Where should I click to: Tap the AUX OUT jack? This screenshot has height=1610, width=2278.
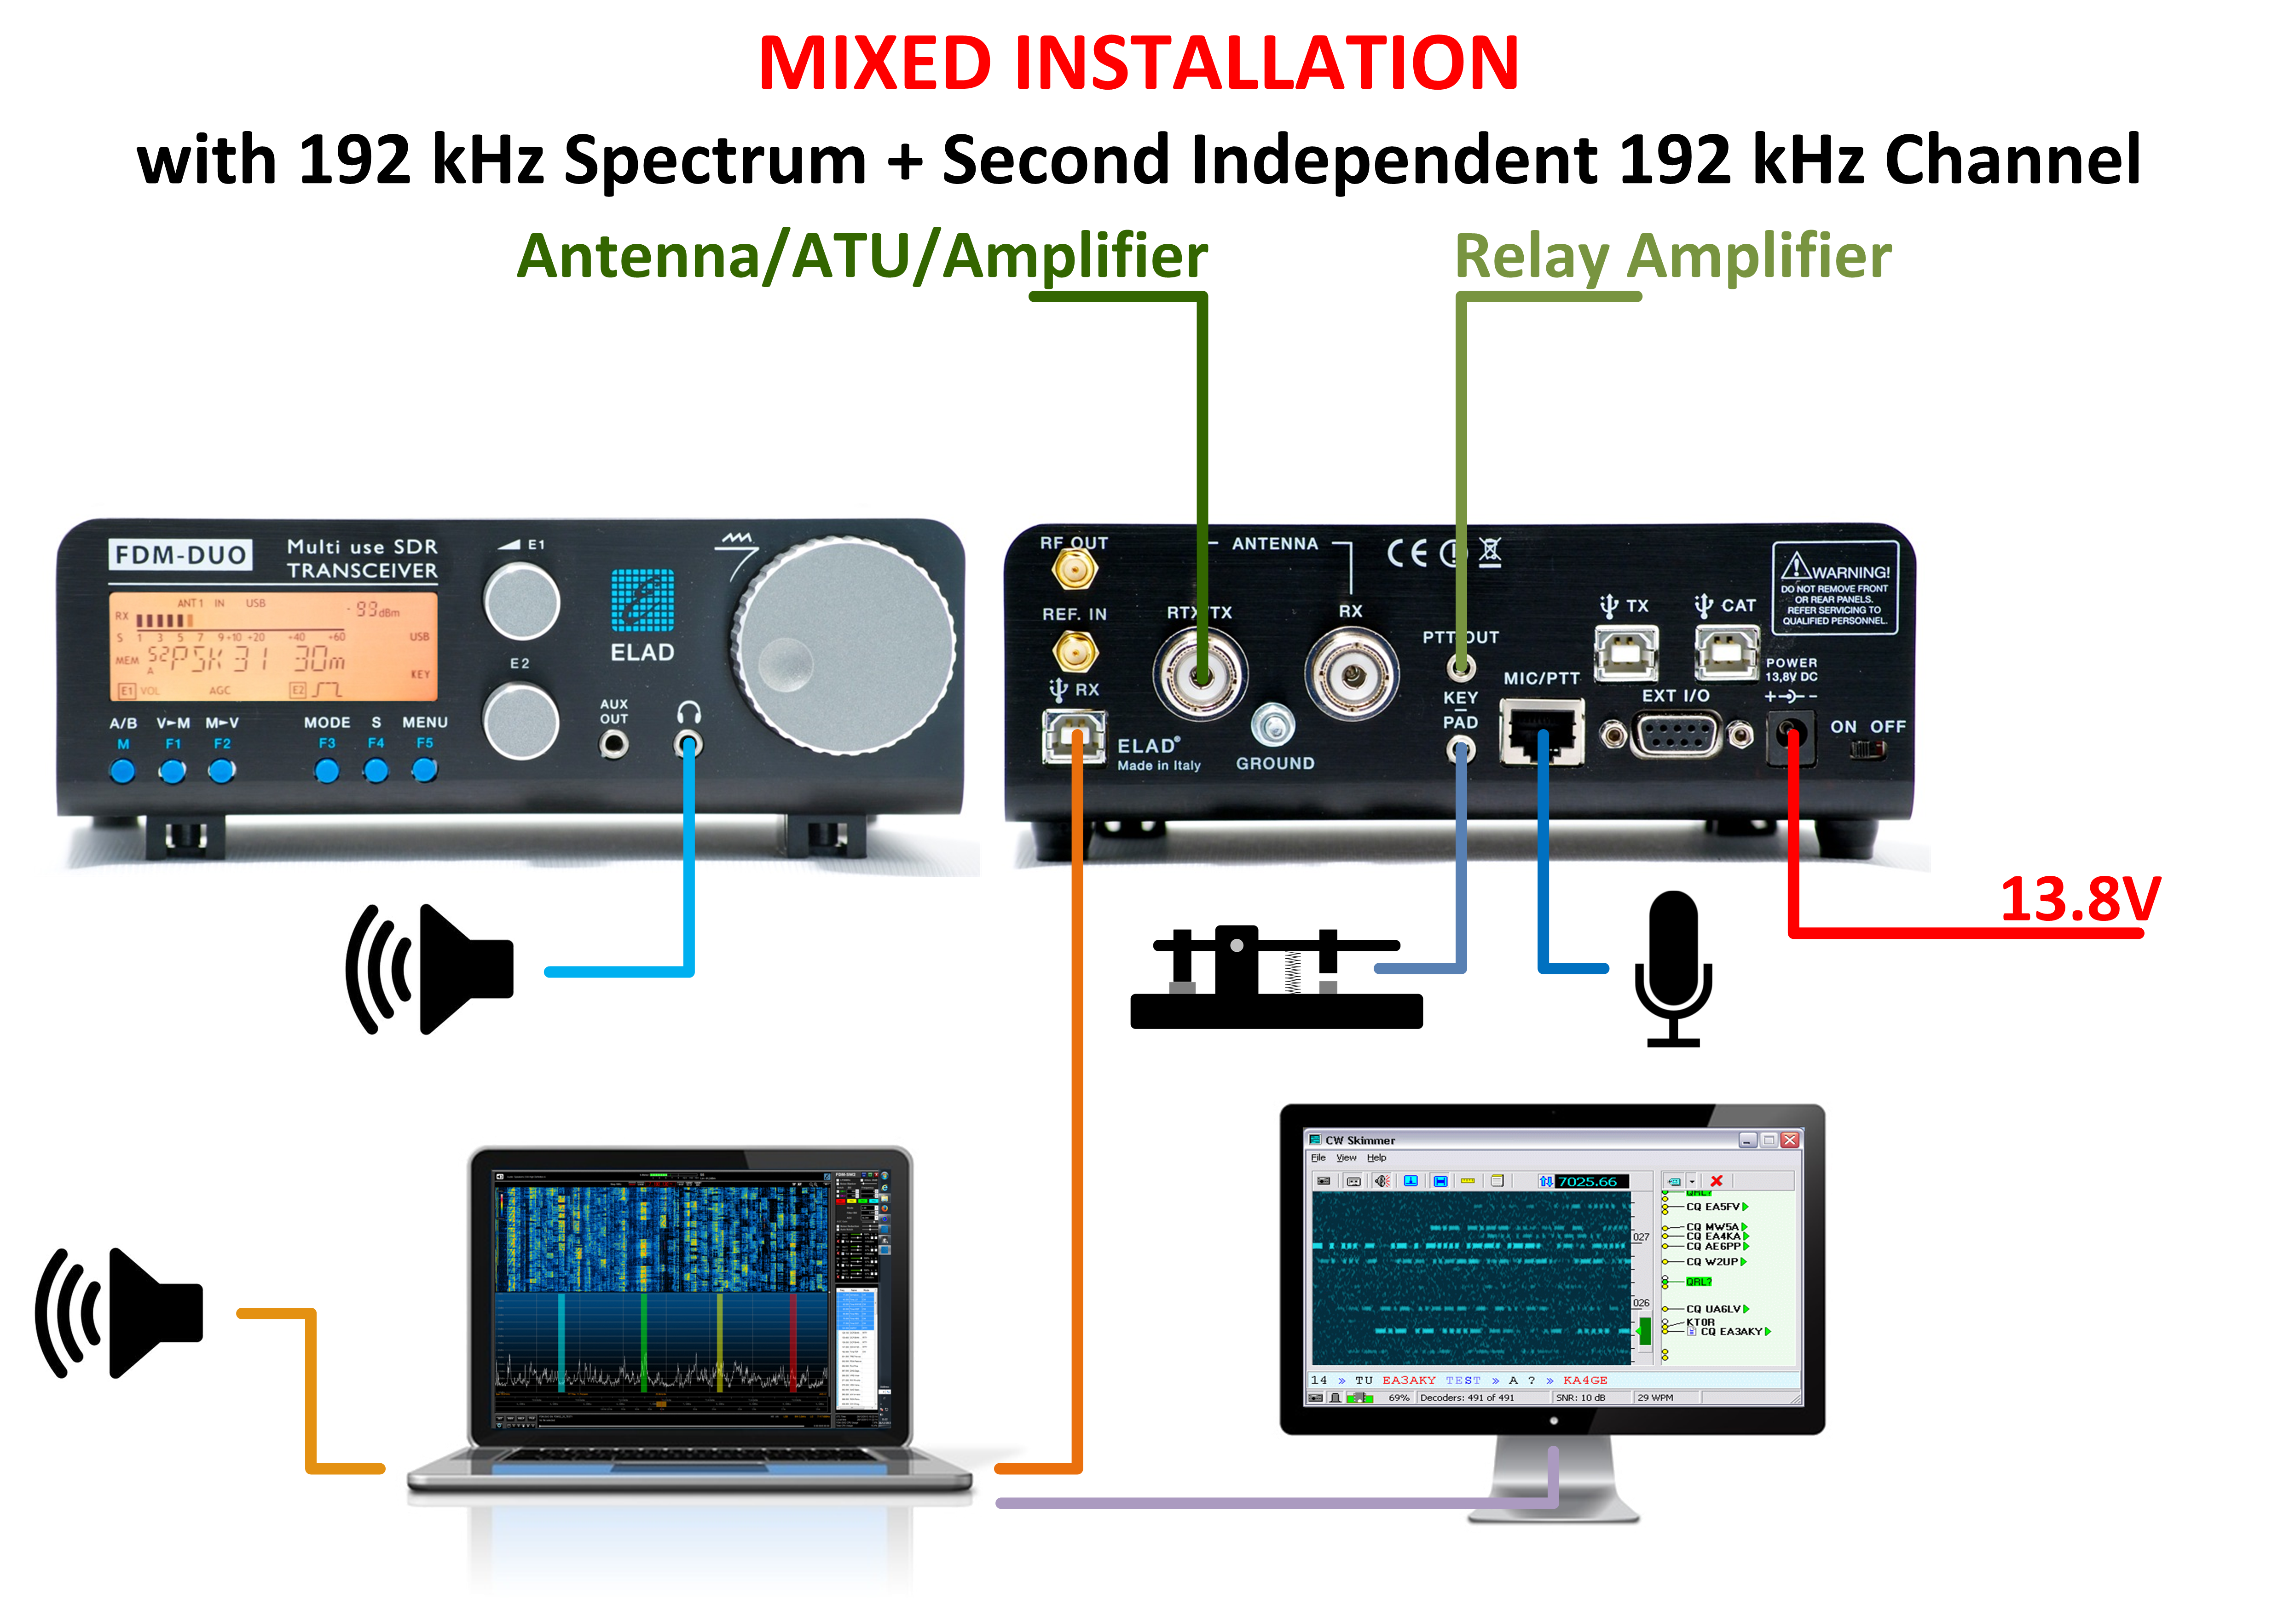tap(614, 743)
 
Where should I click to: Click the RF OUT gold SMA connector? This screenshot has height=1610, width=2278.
tap(1074, 569)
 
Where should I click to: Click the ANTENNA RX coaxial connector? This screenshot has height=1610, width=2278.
tap(1350, 676)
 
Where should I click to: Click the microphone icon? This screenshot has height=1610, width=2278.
tap(1673, 967)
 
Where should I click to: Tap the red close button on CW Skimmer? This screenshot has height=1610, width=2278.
tap(1790, 1140)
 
